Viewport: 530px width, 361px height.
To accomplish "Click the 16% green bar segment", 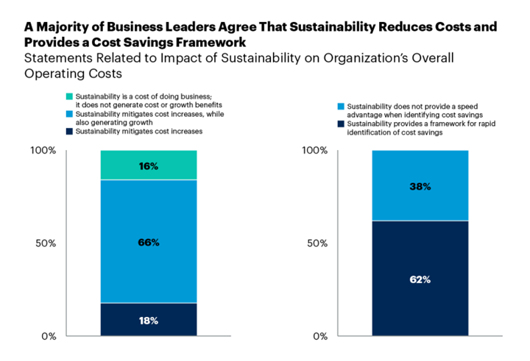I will pyautogui.click(x=149, y=165).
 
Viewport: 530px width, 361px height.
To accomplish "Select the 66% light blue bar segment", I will pyautogui.click(x=149, y=241).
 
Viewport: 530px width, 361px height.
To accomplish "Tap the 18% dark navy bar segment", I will pyautogui.click(x=149, y=319).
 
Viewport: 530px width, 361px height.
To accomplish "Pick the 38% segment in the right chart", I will pyautogui.click(x=420, y=185).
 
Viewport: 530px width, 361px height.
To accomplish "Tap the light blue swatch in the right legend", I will pyautogui.click(x=342, y=105).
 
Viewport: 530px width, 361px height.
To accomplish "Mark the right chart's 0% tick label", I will pyautogui.click(x=320, y=336).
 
